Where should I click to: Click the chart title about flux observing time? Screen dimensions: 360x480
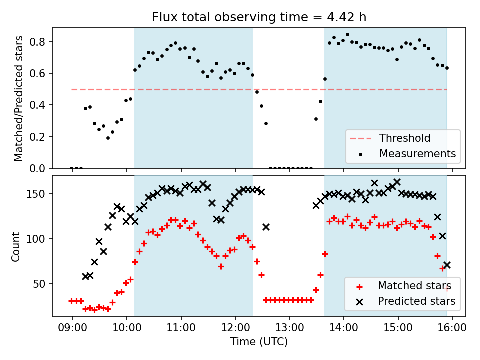[259, 17]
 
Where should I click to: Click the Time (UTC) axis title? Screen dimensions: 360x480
[259, 342]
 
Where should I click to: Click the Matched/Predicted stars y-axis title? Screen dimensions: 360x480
[19, 98]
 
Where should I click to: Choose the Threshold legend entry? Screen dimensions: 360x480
[404, 138]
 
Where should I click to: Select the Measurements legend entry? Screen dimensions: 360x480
[418, 153]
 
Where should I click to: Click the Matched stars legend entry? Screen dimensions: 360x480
[414, 286]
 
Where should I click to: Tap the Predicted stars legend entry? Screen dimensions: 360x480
[416, 301]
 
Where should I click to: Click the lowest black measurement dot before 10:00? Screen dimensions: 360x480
[108, 138]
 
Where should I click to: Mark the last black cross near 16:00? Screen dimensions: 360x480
[447, 265]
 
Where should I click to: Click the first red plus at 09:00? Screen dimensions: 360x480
[72, 301]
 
